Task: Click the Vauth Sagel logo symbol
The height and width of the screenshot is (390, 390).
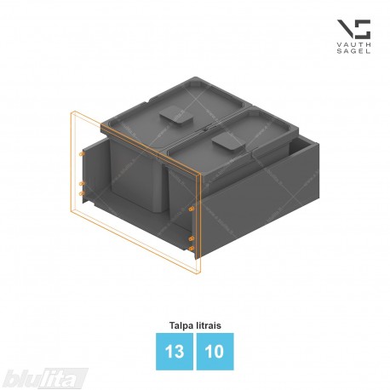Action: click(353, 29)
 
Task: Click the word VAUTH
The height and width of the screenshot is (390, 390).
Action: click(353, 44)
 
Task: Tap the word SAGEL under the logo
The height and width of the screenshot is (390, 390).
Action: click(353, 51)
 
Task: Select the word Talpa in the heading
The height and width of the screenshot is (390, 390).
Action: click(181, 325)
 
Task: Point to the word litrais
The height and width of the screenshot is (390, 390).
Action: click(209, 325)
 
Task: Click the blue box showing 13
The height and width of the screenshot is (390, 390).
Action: click(175, 352)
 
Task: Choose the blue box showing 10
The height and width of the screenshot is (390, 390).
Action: click(215, 352)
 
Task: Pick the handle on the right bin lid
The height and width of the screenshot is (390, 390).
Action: click(228, 141)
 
